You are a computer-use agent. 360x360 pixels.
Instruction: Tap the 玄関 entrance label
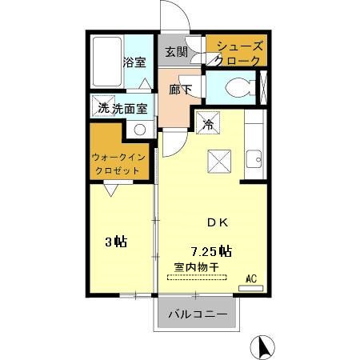click(176, 54)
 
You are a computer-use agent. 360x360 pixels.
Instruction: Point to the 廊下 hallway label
click(180, 89)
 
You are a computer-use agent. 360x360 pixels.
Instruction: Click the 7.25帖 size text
click(210, 250)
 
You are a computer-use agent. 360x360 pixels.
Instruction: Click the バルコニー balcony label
click(197, 314)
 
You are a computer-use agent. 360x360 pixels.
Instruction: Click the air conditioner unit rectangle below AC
click(250, 286)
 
